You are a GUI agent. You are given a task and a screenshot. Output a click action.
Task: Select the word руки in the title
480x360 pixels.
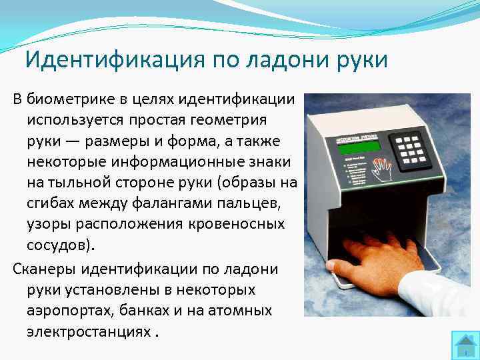[x=362, y=59]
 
